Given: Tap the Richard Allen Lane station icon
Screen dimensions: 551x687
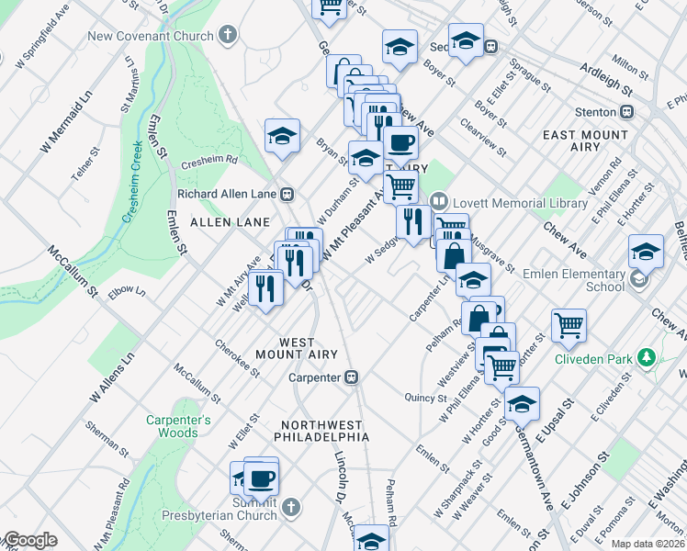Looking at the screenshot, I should point(287,194).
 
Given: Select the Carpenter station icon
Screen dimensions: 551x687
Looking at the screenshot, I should point(351,377).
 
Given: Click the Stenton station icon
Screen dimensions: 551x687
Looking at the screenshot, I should point(627,112).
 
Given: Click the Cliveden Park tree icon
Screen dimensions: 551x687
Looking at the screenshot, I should point(647,356).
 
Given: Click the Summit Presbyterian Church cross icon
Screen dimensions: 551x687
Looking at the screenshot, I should point(290,507).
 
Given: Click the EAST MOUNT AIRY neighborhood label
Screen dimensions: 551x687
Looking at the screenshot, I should point(585,141).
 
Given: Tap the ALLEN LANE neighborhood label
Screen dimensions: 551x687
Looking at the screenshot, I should point(230,222).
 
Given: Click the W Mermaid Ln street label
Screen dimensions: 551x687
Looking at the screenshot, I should point(67,122).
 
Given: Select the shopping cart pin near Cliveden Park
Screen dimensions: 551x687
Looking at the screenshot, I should point(569,323).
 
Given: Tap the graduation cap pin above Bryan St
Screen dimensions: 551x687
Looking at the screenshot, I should point(282,136).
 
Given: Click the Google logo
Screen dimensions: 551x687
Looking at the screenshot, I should point(31,541).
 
